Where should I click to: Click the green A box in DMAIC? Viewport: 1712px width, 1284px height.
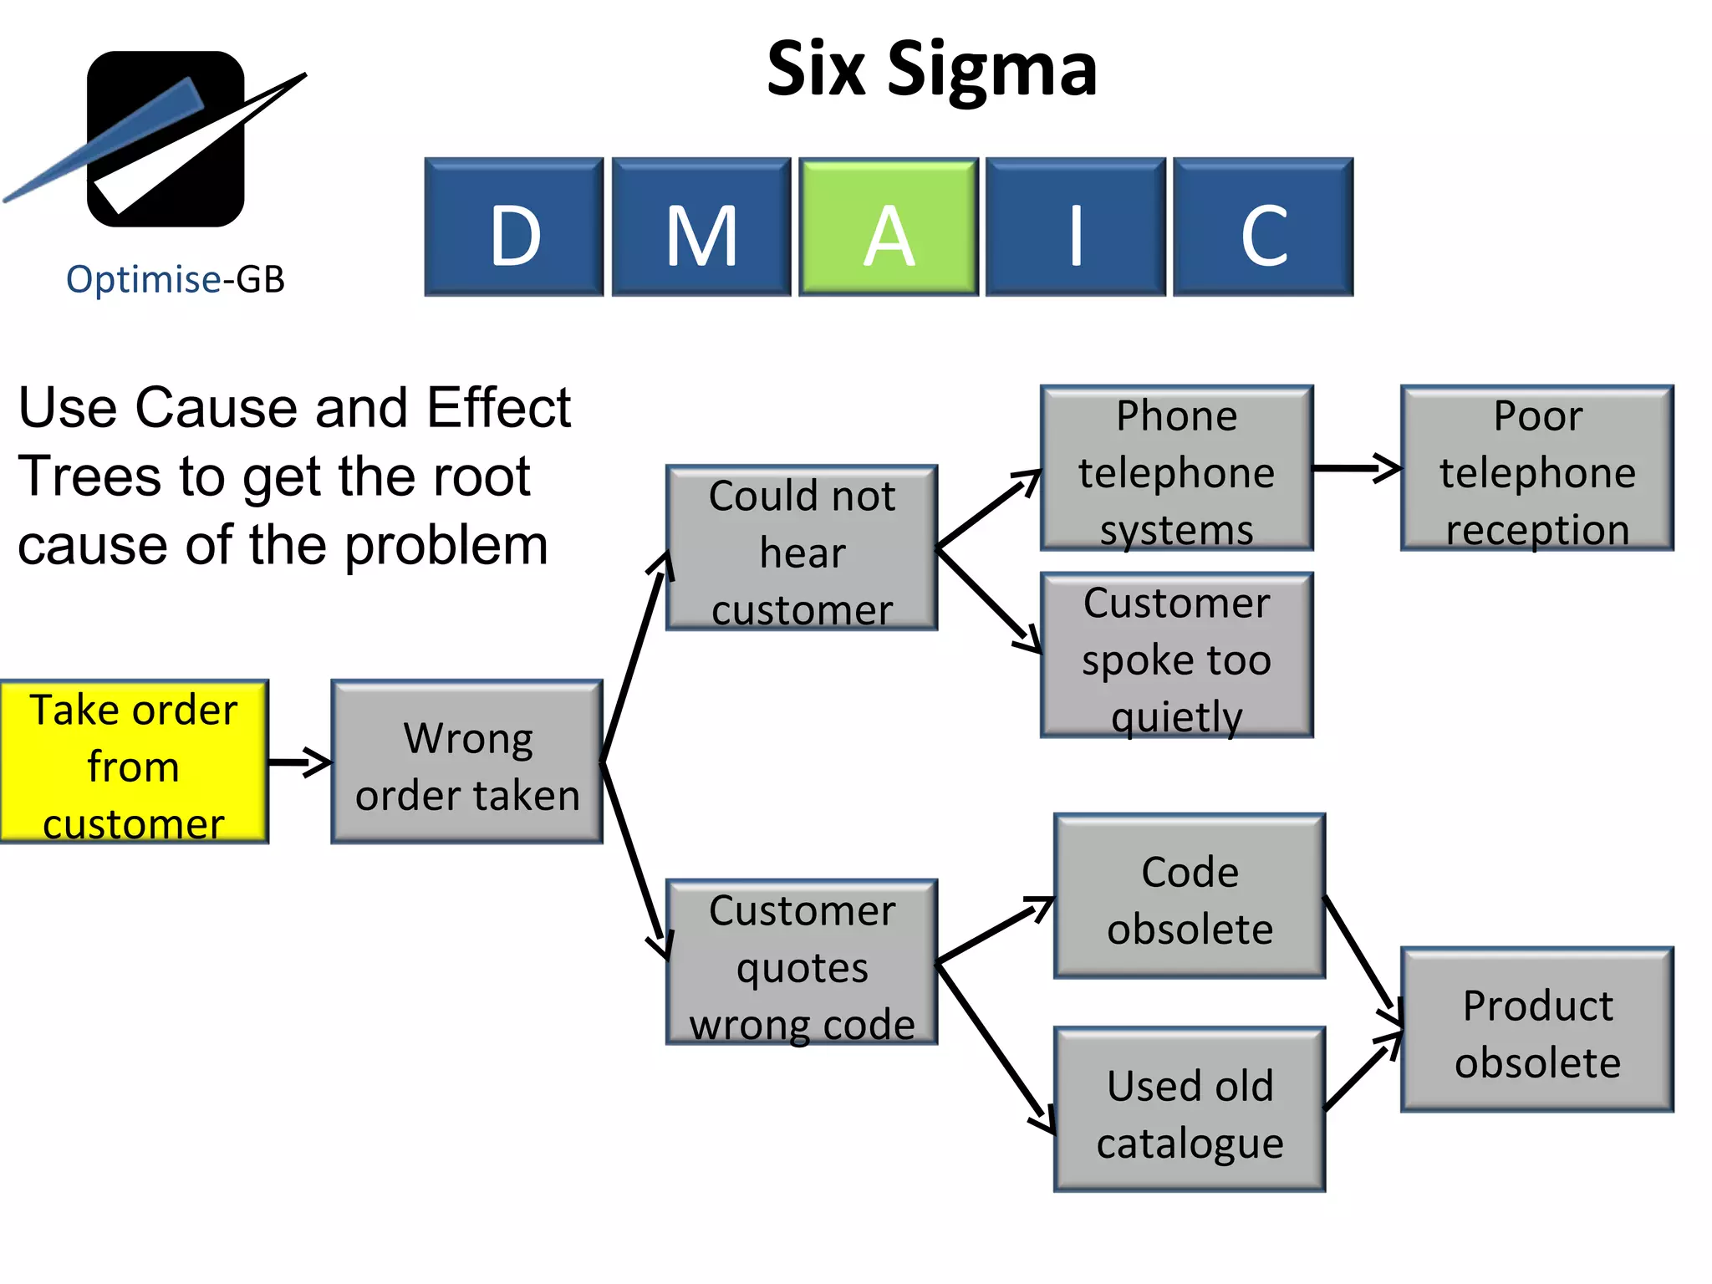click(x=888, y=227)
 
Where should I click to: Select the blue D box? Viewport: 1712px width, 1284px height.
click(x=513, y=227)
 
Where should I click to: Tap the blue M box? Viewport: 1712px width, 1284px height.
click(x=701, y=227)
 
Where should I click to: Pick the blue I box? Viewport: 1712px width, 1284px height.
click(x=1075, y=227)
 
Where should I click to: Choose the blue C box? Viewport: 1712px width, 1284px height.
click(x=1262, y=227)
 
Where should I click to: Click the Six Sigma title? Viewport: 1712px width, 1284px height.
click(x=931, y=70)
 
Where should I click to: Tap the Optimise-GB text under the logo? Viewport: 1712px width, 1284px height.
click(x=176, y=279)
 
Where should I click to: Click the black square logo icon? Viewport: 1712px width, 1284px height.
click(x=166, y=139)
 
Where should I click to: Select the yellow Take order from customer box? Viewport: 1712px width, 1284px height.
click(x=134, y=762)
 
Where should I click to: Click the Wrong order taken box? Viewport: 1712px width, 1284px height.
click(x=466, y=762)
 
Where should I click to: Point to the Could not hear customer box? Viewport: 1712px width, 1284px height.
click(x=801, y=548)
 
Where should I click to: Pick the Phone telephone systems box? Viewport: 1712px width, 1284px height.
click(x=1176, y=468)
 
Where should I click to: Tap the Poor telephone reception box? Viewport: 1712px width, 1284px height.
click(x=1536, y=468)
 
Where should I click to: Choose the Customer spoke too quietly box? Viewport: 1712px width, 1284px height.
click(x=1176, y=655)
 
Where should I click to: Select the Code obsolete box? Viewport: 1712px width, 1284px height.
click(x=1189, y=896)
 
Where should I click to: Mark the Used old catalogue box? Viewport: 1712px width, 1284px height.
click(x=1189, y=1110)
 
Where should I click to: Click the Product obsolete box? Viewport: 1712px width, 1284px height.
click(x=1536, y=1030)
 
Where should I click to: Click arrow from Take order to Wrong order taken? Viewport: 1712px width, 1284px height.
click(x=299, y=762)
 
